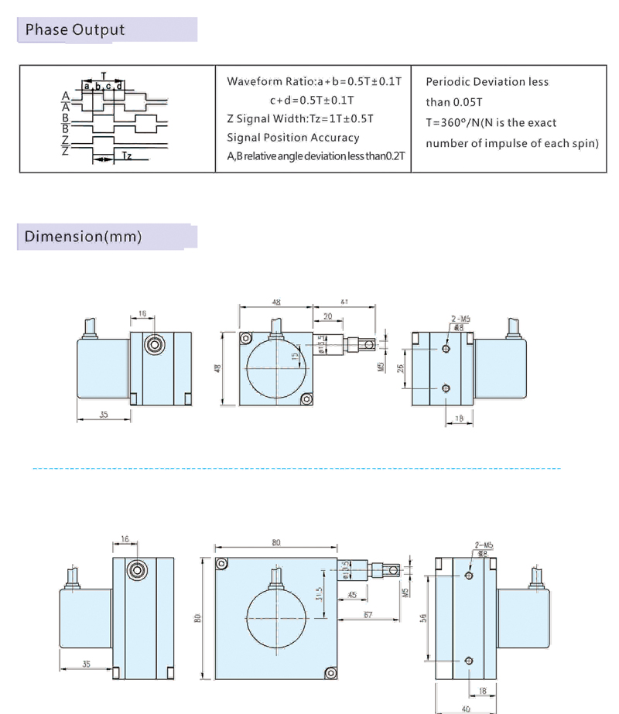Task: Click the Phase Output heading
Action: [74, 30]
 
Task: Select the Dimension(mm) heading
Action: [83, 236]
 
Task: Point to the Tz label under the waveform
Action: [127, 156]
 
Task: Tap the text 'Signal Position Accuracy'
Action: [292, 138]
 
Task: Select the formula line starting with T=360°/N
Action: [491, 123]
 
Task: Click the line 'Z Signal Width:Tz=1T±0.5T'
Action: [300, 118]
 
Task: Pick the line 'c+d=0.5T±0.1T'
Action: [312, 100]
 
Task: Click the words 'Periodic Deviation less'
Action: [487, 82]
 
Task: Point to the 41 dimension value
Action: [344, 302]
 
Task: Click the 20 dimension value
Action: [327, 316]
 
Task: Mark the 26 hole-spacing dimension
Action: [401, 369]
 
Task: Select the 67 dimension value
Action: [368, 614]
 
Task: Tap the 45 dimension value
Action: [352, 595]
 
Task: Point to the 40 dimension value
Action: [465, 708]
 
